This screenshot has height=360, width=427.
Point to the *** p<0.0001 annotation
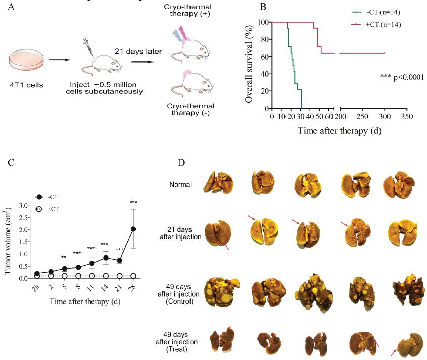(x=401, y=77)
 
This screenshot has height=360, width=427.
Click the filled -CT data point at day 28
(x=133, y=229)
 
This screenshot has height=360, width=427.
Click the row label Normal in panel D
(x=180, y=184)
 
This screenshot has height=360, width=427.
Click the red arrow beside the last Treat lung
(x=393, y=352)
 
